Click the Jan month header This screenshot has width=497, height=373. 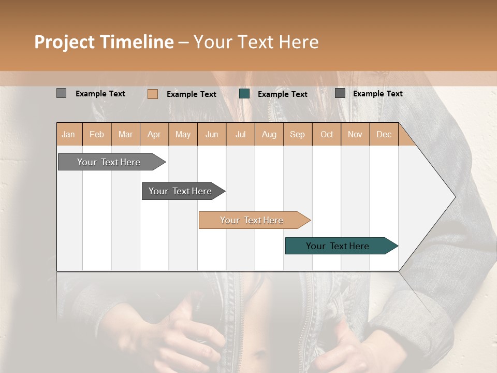tap(68, 134)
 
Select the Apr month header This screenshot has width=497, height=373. tap(154, 134)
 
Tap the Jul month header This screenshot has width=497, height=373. tap(240, 134)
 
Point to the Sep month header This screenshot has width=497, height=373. tap(297, 134)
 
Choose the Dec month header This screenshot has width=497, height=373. tap(384, 134)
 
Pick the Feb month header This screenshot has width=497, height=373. tap(97, 134)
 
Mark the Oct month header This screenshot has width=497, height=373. tap(327, 134)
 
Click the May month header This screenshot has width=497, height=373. tap(183, 134)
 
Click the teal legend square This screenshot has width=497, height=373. tap(244, 94)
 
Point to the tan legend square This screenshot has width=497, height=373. tap(153, 94)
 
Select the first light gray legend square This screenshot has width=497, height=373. tap(62, 93)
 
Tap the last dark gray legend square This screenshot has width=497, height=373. tap(340, 93)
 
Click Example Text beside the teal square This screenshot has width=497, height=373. tap(282, 94)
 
